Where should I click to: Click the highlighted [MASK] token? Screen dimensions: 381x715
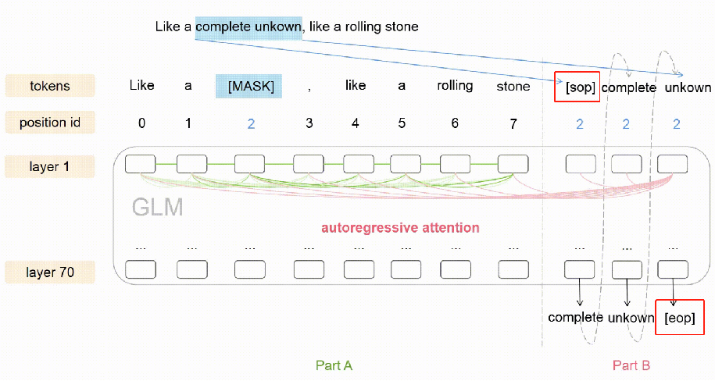[x=251, y=86]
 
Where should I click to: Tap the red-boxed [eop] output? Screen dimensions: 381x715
[x=678, y=319]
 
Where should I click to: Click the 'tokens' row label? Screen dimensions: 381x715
[x=50, y=86]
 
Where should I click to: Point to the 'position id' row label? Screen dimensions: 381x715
[x=50, y=122]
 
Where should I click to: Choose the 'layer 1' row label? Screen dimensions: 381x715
[x=50, y=166]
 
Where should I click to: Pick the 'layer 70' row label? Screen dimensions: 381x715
[x=50, y=272]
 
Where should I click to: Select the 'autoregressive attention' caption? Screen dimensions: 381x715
[x=400, y=228]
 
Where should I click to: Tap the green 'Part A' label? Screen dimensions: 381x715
[x=334, y=365]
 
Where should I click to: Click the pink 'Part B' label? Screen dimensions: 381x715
[x=631, y=365]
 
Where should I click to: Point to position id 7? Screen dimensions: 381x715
[x=513, y=123]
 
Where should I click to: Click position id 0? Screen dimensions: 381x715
[x=141, y=123]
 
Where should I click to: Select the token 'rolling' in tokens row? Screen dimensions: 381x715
[x=455, y=86]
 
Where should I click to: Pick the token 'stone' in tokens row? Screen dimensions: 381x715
[x=513, y=87]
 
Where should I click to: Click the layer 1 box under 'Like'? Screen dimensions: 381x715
[x=141, y=164]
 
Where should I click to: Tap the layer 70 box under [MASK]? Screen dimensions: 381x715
[x=250, y=269]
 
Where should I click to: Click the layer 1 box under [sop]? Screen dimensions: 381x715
[x=580, y=164]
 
